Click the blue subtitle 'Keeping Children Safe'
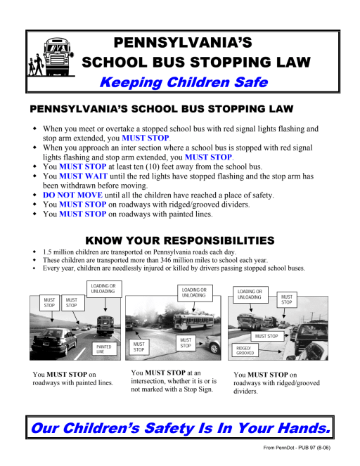pos(184,82)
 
